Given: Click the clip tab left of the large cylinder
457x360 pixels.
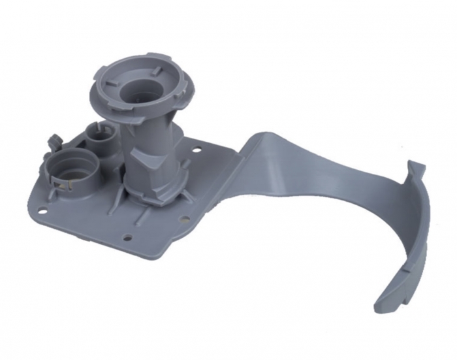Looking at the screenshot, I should click(x=52, y=140).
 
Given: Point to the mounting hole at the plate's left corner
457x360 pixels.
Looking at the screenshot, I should click(x=41, y=211).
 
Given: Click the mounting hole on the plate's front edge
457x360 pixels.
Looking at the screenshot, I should click(x=128, y=238).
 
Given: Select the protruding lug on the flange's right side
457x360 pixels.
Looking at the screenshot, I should click(x=184, y=98).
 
